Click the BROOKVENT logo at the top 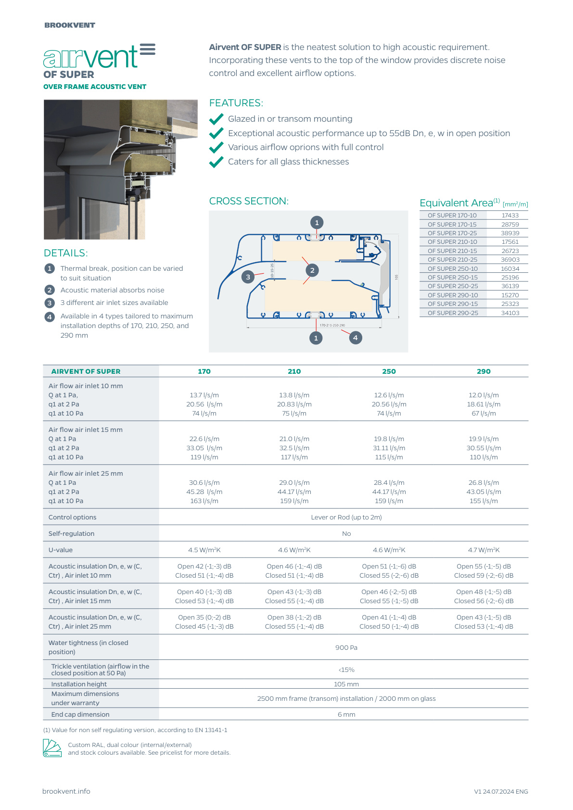click(70, 25)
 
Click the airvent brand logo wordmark click(99, 57)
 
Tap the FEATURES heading click(236, 103)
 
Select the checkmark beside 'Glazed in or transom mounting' click(216, 119)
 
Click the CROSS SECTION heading click(249, 201)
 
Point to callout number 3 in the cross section click(248, 277)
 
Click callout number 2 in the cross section click(312, 270)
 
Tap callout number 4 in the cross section click(355, 338)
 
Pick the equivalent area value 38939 click(510, 233)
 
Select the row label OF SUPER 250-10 click(453, 269)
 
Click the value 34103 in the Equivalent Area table click(510, 313)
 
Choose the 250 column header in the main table click(389, 371)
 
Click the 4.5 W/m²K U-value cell click(204, 550)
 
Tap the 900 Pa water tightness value click(346, 647)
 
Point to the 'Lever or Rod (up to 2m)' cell click(346, 517)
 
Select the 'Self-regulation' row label click(72, 533)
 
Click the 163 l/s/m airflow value click(204, 501)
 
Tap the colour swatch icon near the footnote click(52, 748)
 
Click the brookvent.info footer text click(66, 791)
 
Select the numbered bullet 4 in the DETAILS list click(50, 317)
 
